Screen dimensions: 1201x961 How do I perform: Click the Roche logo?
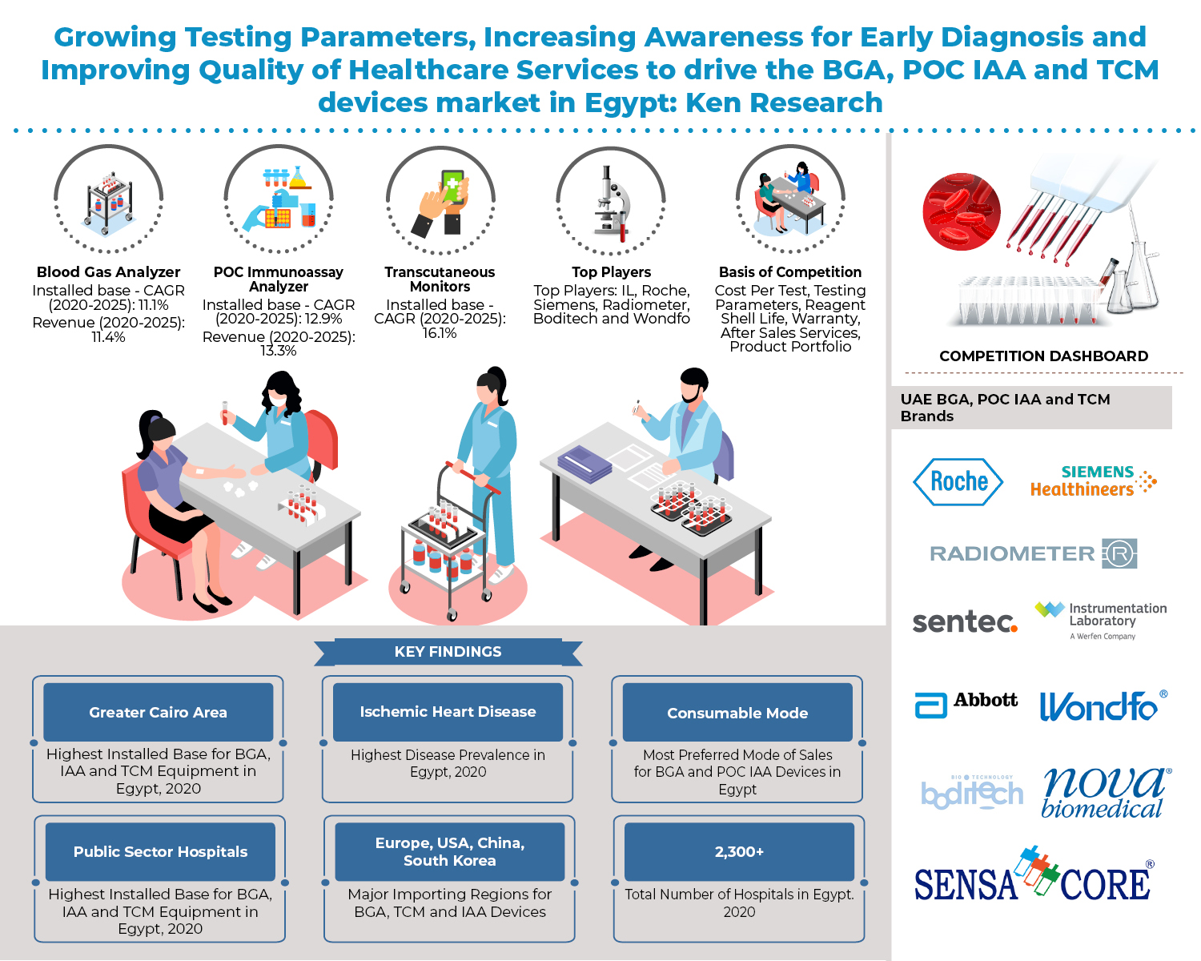click(x=958, y=482)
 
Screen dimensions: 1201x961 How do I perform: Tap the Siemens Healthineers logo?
click(x=1093, y=480)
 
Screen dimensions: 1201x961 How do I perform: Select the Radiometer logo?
click(x=1033, y=553)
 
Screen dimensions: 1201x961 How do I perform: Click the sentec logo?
click(x=965, y=621)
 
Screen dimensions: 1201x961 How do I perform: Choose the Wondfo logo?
click(x=1103, y=706)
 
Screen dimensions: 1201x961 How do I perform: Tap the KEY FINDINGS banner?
click(x=448, y=652)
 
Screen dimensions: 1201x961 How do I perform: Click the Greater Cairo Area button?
click(x=159, y=712)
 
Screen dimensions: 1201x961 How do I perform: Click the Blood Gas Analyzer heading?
click(x=108, y=272)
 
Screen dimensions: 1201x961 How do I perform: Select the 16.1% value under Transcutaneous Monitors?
click(x=440, y=333)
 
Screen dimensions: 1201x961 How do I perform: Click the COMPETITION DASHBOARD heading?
click(x=1043, y=356)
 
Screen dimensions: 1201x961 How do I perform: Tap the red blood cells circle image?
click(x=961, y=211)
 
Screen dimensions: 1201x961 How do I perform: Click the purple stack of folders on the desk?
click(x=584, y=463)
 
